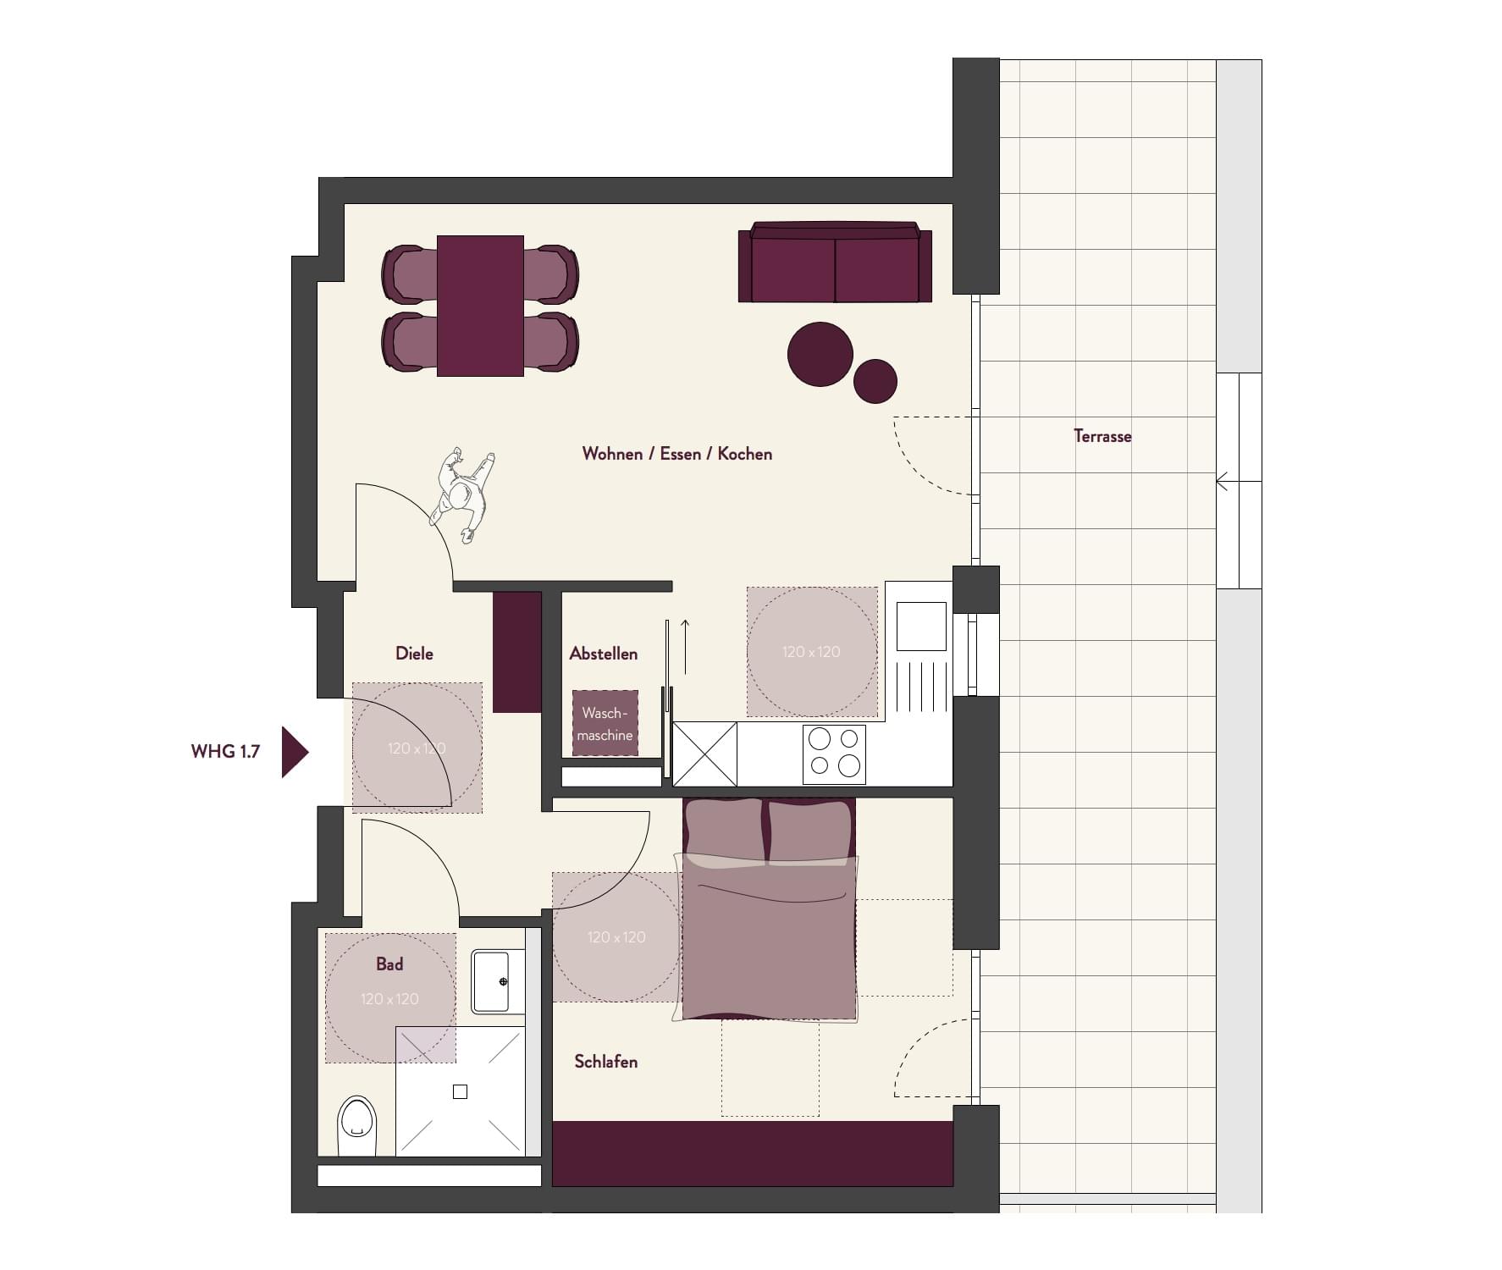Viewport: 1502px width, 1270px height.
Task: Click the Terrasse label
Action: (x=1102, y=436)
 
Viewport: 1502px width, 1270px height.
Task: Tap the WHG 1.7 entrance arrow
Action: (x=295, y=751)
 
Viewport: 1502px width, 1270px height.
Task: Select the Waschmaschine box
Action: (x=605, y=724)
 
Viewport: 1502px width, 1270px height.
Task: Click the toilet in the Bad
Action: (x=356, y=1126)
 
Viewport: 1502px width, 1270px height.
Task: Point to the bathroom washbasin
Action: (x=498, y=981)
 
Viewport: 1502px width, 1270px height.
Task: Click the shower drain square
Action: (x=460, y=1091)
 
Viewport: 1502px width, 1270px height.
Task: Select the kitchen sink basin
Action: (x=921, y=626)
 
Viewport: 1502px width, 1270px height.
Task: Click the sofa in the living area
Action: (x=835, y=262)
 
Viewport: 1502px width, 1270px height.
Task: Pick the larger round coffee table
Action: (x=820, y=354)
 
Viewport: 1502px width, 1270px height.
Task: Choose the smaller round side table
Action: (x=875, y=381)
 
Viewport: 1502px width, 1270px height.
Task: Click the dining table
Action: (x=480, y=306)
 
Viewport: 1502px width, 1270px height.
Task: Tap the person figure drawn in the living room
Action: (x=461, y=494)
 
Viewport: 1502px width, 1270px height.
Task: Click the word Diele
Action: (x=414, y=653)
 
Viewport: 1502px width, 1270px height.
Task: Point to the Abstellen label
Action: (x=603, y=653)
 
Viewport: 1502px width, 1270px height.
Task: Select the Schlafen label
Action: (x=605, y=1061)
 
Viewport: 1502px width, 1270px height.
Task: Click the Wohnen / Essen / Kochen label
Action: (x=676, y=453)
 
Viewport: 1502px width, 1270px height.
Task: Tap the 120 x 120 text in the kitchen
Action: (x=811, y=651)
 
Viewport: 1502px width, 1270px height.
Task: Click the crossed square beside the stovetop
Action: (x=704, y=754)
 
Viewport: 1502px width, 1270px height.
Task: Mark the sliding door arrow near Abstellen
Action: (x=685, y=647)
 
